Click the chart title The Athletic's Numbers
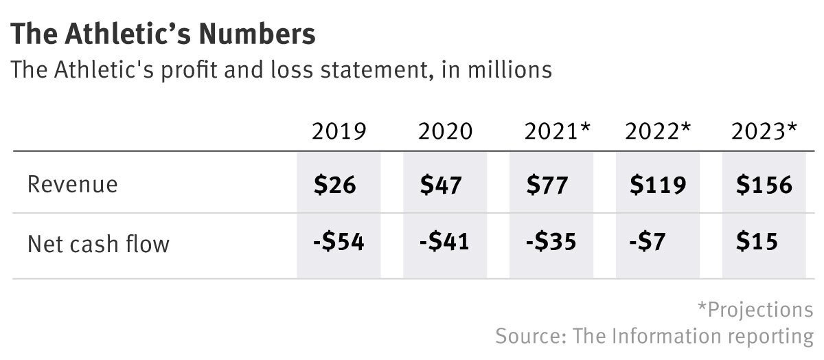164,34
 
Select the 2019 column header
339,131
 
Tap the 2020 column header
445,131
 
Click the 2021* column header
557,131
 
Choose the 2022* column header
657,131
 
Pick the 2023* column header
764,131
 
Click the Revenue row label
72,185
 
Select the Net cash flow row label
98,243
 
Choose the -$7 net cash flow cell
647,243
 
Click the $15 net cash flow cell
756,243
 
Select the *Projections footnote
755,309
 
